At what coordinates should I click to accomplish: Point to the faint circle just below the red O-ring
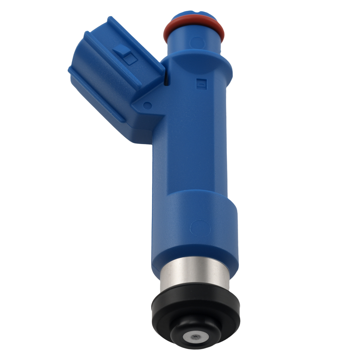tap(197, 42)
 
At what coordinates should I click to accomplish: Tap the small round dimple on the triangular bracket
tap(147, 105)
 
